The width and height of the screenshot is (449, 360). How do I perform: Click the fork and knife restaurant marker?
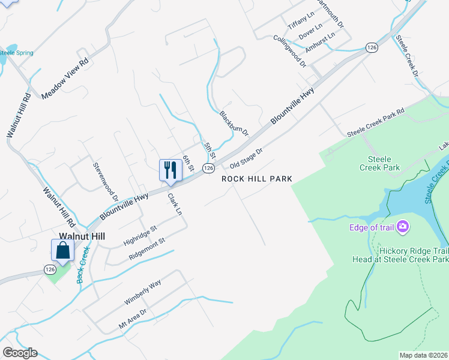tap(170, 170)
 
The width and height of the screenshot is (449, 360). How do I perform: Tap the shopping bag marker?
tap(62, 251)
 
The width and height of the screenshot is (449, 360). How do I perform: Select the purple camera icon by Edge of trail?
tap(403, 227)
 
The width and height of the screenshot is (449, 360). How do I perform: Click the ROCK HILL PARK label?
tap(257, 179)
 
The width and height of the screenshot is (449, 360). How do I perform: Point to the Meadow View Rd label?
tap(65, 78)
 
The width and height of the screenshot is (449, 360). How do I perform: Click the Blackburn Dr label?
tap(234, 123)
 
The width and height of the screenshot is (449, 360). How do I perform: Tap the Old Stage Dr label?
tap(247, 158)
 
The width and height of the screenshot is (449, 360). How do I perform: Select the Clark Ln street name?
tap(175, 204)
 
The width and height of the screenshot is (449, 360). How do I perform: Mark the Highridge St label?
tap(140, 235)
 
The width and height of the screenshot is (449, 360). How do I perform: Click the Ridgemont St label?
tap(147, 250)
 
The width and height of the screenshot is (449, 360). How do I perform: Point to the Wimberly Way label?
tap(143, 292)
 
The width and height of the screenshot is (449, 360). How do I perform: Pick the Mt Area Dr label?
tap(133, 319)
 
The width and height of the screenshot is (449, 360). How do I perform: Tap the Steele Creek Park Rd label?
tap(376, 123)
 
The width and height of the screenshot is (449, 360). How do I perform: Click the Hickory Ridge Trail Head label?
tap(400, 255)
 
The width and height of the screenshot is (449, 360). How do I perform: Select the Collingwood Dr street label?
tap(290, 50)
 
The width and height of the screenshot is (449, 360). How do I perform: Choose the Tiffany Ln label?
tap(300, 22)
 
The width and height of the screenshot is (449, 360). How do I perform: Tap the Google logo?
tap(20, 353)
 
